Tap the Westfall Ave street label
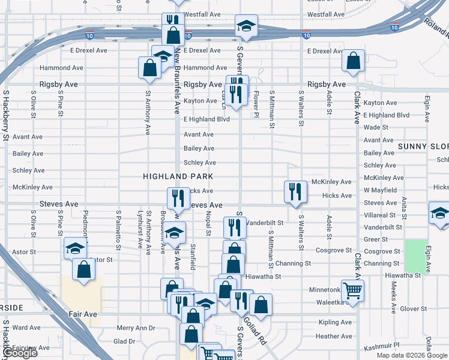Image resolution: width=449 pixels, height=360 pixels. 202,14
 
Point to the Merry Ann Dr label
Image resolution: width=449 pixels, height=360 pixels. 136,328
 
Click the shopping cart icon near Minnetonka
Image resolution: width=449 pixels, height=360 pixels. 352,290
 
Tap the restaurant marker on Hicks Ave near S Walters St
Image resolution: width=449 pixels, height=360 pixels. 295,191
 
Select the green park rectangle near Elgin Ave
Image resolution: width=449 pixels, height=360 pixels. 415,256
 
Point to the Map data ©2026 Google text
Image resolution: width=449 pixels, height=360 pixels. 412,355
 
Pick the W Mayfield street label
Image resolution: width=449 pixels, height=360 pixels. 379,190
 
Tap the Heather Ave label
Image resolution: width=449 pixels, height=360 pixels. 333,336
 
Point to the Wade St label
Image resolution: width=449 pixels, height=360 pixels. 376,127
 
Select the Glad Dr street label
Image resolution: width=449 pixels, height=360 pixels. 124,341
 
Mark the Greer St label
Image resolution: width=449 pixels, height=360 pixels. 376,239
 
